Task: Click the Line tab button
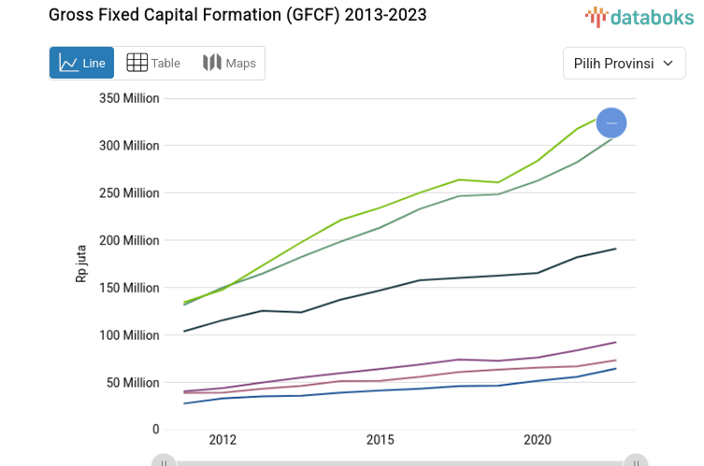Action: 81,63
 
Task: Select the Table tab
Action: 153,63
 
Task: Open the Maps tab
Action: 229,63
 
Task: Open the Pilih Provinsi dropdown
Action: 624,64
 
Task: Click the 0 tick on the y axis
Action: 155,430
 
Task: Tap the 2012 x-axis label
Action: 223,440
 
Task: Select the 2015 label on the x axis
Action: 380,440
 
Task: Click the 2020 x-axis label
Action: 537,440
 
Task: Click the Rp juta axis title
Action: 81,264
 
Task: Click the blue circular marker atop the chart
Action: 611,123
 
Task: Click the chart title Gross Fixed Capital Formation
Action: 237,15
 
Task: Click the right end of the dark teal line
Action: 615,249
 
